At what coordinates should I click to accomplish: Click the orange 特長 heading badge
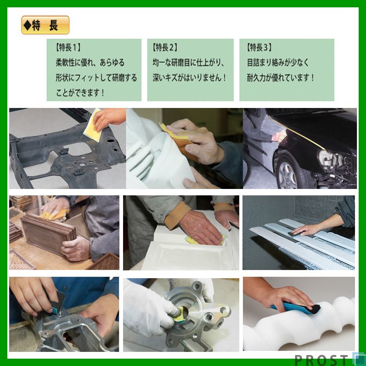coord(45,25)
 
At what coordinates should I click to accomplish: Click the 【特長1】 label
coord(68,47)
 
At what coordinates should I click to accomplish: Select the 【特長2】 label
coord(165,47)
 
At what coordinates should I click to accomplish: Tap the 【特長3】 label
coord(259,47)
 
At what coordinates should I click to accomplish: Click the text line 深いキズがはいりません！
coord(189,77)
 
